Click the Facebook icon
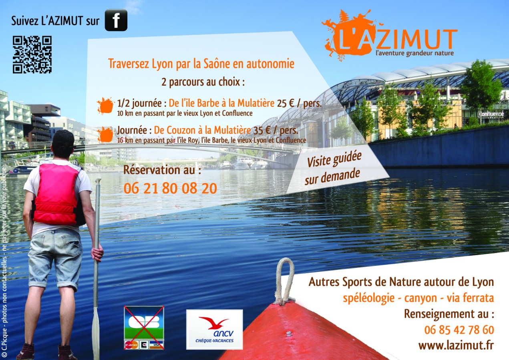click(116, 20)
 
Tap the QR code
click(32, 54)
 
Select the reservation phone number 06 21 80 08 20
click(170, 188)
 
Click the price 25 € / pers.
click(299, 103)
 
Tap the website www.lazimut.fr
click(456, 346)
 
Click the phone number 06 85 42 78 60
click(459, 330)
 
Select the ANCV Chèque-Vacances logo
click(215, 330)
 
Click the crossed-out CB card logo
click(144, 328)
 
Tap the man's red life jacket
click(57, 194)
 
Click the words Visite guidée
click(334, 159)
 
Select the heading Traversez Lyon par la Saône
click(201, 63)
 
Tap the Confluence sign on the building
click(491, 114)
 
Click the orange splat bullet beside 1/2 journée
click(105, 106)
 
